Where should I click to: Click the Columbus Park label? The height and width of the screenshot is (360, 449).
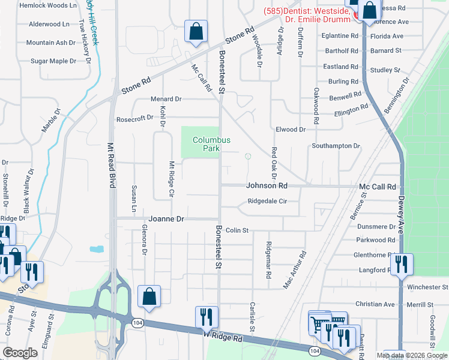pyautogui.click(x=211, y=144)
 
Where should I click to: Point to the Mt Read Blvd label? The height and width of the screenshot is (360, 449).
pyautogui.click(x=111, y=165)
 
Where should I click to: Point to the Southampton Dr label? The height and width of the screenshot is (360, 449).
pyautogui.click(x=336, y=146)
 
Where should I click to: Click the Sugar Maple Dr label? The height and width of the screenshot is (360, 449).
pyautogui.click(x=53, y=61)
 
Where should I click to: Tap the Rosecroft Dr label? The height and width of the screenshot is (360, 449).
pyautogui.click(x=134, y=118)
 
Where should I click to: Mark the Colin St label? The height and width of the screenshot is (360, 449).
pyautogui.click(x=237, y=230)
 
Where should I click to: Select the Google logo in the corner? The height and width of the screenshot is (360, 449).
pyautogui.click(x=20, y=353)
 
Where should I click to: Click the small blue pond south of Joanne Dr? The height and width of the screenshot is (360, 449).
pyautogui.click(x=97, y=249)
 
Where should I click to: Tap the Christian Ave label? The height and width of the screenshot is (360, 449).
pyautogui.click(x=375, y=304)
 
